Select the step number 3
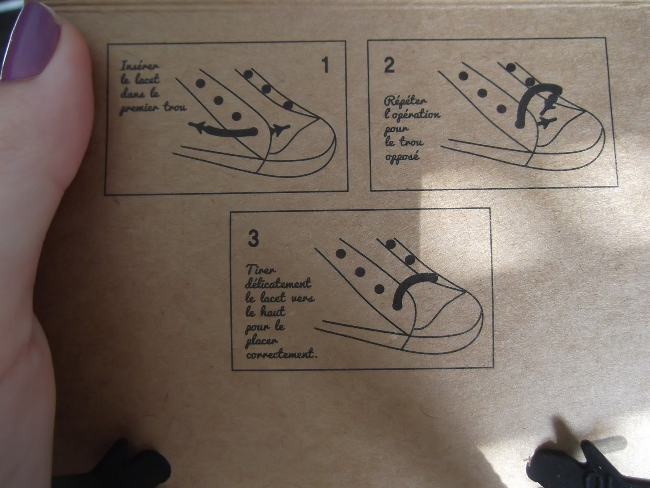point(253,239)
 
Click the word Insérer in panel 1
point(139,66)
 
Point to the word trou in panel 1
point(175,107)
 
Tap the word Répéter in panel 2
point(406,101)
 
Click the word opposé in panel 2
point(402,156)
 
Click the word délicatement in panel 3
point(278,283)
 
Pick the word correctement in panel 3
point(282,354)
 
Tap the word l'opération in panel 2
point(412,115)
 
